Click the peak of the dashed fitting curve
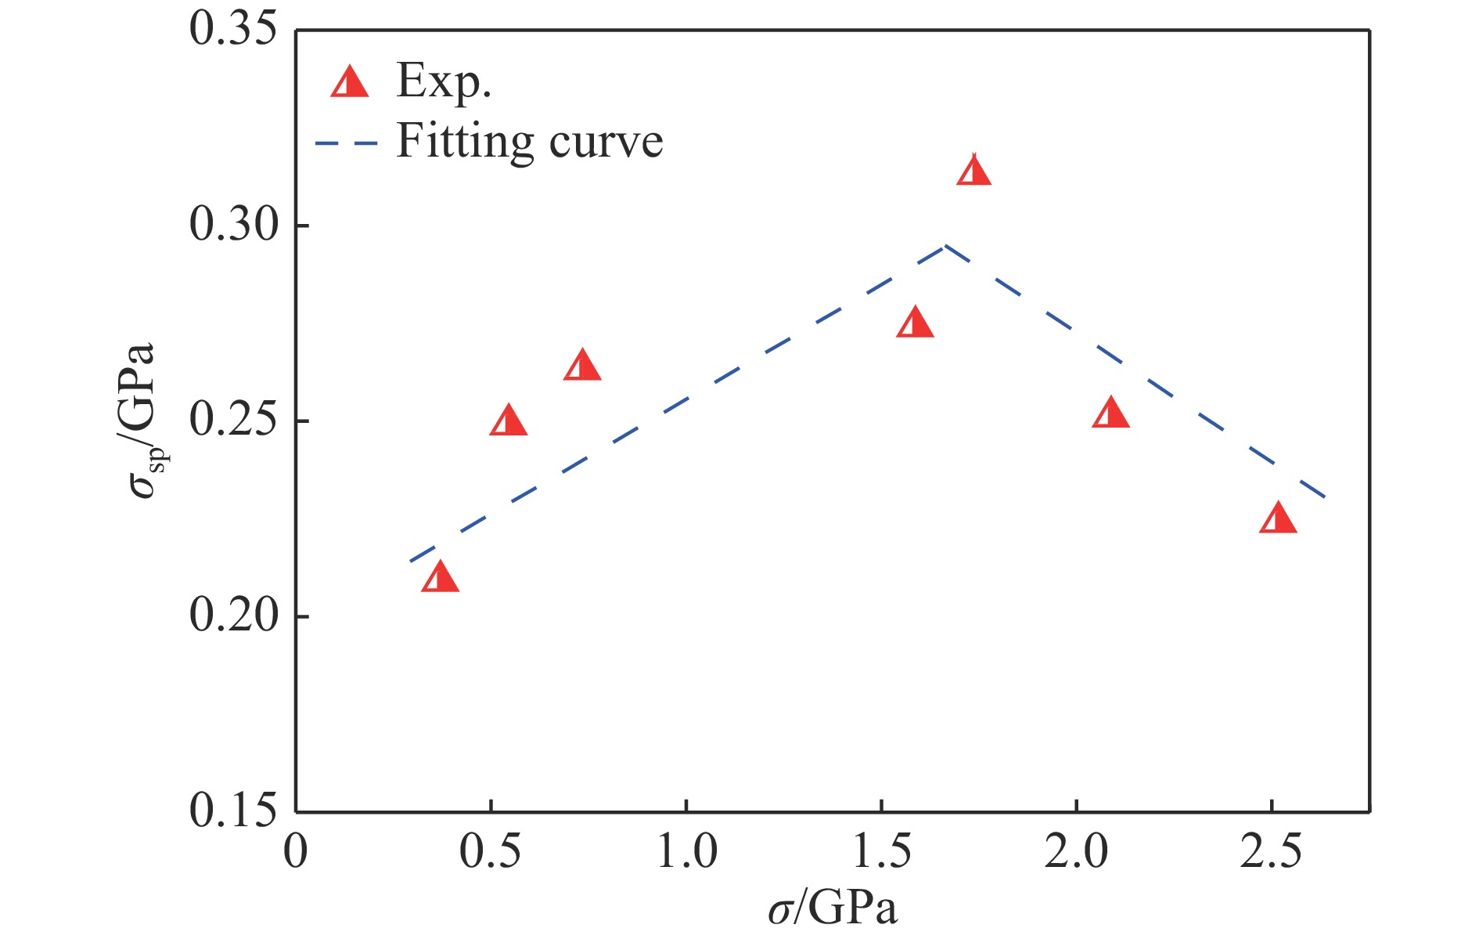[x=945, y=246]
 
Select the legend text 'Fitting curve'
[x=530, y=143]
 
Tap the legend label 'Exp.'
[x=444, y=81]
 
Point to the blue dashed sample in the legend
[x=346, y=143]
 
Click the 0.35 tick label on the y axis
[x=233, y=30]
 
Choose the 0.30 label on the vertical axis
[x=233, y=226]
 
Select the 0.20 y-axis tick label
[x=233, y=616]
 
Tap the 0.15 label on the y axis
[x=233, y=811]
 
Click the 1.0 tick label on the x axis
[x=686, y=851]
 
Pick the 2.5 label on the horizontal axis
[x=1271, y=851]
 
